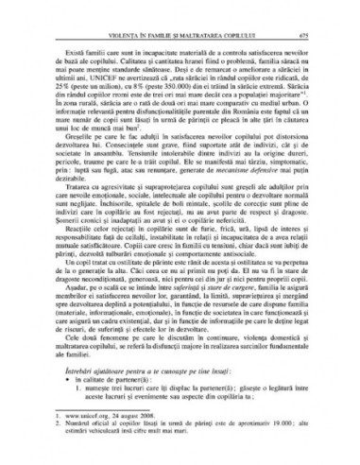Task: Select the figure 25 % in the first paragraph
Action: point(62,70)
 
